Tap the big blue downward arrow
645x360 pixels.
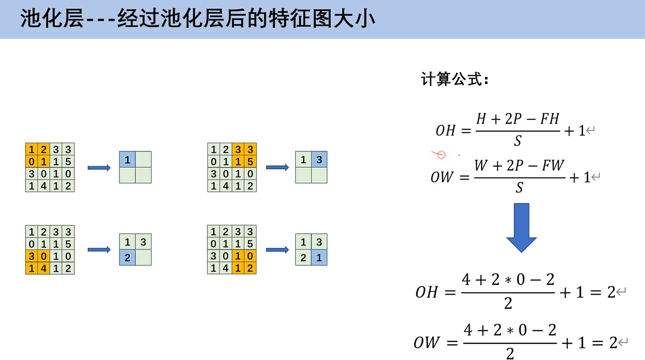click(521, 227)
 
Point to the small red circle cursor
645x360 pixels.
click(441, 155)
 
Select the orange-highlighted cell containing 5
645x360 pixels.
click(250, 161)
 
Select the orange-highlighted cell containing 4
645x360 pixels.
click(44, 268)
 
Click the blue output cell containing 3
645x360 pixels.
click(319, 160)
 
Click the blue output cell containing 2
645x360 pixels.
click(127, 258)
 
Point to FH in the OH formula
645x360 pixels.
click(549, 119)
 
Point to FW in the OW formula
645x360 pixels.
click(553, 166)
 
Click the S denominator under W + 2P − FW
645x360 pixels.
click(519, 188)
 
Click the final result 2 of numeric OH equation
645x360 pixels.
click(611, 292)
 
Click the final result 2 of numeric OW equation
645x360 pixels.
click(613, 343)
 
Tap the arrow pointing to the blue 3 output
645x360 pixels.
click(277, 168)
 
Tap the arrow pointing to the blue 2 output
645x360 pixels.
click(99, 250)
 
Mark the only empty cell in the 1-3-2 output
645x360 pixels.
click(143, 258)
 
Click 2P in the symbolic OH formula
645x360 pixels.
click(514, 119)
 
